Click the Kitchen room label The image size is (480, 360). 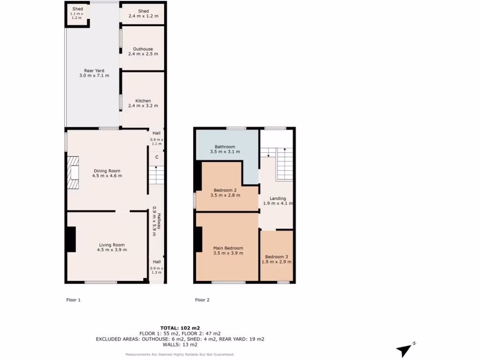(x=143, y=101)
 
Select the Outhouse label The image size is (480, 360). (x=143, y=49)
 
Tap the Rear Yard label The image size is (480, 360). (x=94, y=71)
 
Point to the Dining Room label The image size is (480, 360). (x=107, y=171)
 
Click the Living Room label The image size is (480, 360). (x=112, y=245)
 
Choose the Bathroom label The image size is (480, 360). (x=225, y=147)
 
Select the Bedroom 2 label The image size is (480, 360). (x=225, y=190)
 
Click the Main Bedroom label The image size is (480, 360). (x=228, y=248)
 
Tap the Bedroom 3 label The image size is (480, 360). (x=277, y=257)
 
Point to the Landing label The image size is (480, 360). (x=278, y=199)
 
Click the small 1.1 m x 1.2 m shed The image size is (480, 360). (x=77, y=14)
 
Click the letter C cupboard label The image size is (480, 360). (x=157, y=157)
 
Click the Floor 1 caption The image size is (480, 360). (x=74, y=300)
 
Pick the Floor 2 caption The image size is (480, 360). (x=202, y=300)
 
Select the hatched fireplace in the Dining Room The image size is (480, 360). (x=73, y=172)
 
